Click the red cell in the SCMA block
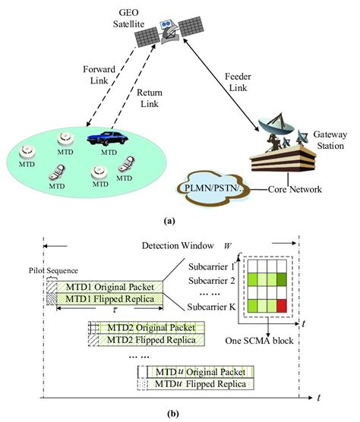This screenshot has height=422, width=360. point(283,307)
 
